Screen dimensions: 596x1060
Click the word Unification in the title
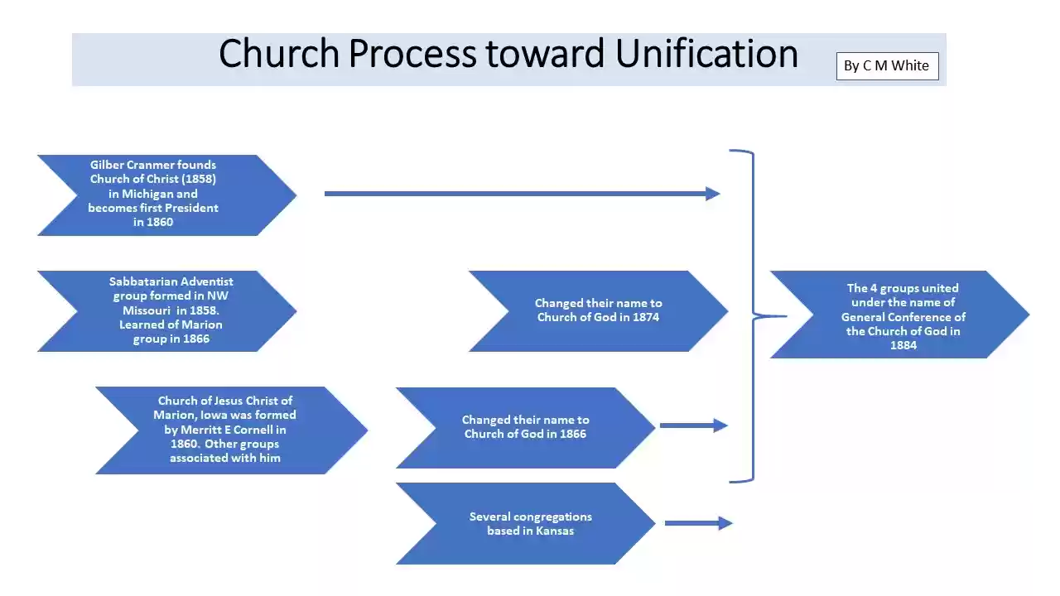[706, 54]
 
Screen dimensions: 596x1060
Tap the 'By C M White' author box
[887, 66]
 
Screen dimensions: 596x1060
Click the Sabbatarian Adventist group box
[166, 310]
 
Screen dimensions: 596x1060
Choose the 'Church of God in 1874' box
[598, 310]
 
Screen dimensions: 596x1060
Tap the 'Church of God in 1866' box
[525, 427]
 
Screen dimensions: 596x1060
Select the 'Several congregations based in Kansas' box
[525, 523]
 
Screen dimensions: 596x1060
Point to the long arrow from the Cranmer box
[522, 194]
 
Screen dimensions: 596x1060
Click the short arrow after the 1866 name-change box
[693, 426]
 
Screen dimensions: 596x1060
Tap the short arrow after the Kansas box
[698, 523]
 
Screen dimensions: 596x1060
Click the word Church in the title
[279, 54]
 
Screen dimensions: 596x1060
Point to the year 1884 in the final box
[903, 346]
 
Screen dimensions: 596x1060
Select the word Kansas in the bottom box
[554, 531]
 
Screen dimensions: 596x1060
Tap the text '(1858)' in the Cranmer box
[199, 179]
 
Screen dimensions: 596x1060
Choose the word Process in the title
[412, 54]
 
